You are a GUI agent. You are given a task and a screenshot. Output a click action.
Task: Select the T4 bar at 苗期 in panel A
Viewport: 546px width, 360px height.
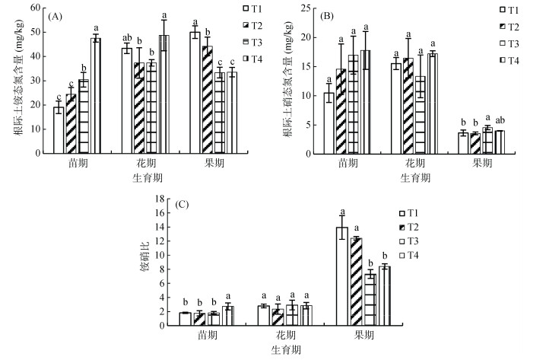pyautogui.click(x=96, y=96)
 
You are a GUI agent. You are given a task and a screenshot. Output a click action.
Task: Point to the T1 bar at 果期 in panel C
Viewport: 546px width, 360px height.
pyautogui.click(x=342, y=276)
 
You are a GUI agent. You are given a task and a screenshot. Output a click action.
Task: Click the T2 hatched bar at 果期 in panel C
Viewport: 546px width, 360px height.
pyautogui.click(x=356, y=282)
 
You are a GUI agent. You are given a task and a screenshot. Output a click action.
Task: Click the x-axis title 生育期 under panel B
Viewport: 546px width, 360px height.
pyautogui.click(x=414, y=177)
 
